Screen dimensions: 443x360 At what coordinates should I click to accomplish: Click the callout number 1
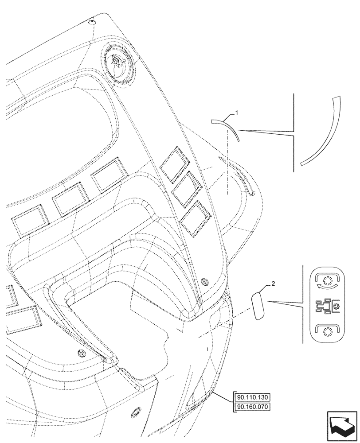237,113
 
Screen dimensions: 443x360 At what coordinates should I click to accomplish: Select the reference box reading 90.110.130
254,397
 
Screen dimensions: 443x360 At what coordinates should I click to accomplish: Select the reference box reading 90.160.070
254,406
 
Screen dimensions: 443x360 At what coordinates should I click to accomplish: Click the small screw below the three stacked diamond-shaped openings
204,280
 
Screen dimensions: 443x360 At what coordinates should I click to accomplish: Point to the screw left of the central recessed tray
81,353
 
